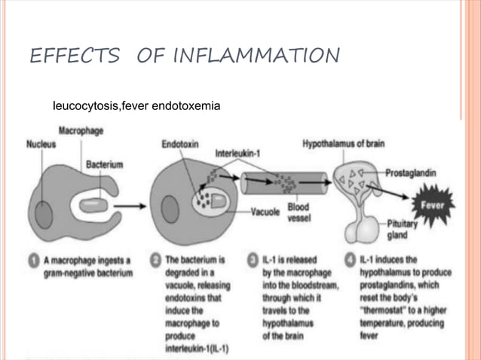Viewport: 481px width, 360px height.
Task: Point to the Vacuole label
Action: click(267, 212)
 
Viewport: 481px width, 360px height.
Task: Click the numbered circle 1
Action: click(34, 261)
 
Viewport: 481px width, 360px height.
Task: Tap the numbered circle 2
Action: click(155, 261)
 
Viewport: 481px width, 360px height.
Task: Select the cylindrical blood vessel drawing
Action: click(283, 182)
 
